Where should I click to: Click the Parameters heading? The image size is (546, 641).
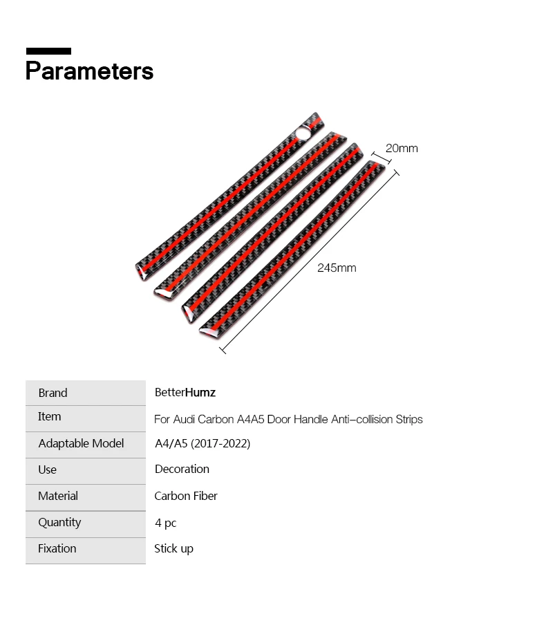coord(89,71)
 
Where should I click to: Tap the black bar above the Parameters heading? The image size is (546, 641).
coord(48,51)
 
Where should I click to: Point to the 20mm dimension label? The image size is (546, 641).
coord(402,148)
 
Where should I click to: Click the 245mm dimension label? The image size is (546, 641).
coord(337,268)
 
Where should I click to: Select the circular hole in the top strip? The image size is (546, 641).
coord(303,131)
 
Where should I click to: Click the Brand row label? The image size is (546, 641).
coord(53,393)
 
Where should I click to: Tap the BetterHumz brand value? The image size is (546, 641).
coord(185,393)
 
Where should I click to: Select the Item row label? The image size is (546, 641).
coord(49,416)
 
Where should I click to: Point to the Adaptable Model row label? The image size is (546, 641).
coord(81,443)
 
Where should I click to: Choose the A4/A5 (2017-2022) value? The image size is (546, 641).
coord(202,443)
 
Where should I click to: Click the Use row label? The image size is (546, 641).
coord(47,470)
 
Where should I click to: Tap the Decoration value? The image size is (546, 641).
coord(182,469)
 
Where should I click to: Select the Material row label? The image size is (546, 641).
coord(58,496)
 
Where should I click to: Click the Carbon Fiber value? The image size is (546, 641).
coord(186,496)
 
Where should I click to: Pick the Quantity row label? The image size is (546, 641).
coord(59,522)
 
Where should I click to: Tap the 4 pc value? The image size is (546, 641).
coord(166,523)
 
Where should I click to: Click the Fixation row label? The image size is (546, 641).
coord(57,548)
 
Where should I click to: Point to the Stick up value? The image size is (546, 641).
coord(173,548)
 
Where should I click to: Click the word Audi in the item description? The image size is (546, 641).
coord(183,419)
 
